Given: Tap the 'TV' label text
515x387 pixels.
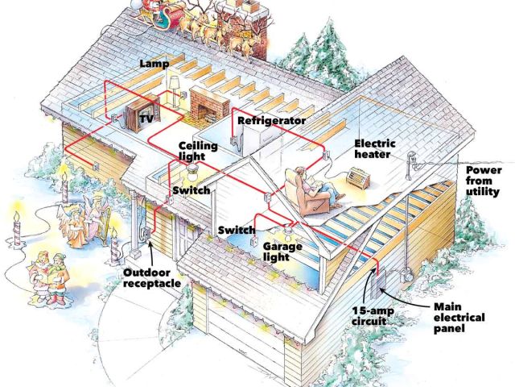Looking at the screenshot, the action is click(146, 119).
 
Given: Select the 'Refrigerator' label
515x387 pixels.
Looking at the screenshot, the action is click(270, 120).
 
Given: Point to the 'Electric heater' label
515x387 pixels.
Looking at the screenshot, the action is click(373, 148).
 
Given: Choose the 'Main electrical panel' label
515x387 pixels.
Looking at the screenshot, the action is click(459, 318).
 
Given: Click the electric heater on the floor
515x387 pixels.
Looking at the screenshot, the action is click(356, 178).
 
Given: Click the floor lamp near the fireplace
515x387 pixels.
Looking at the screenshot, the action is click(173, 93).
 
